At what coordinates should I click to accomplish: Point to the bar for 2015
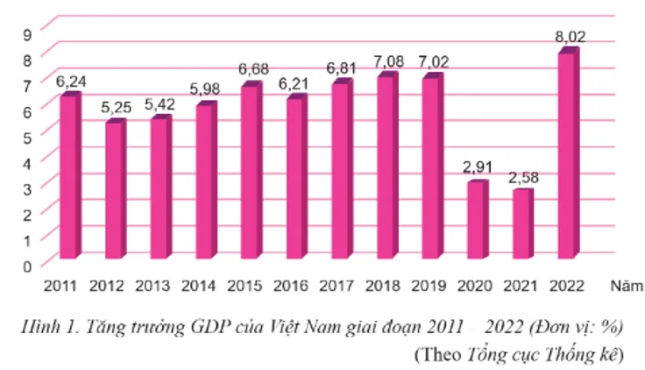(x=249, y=171)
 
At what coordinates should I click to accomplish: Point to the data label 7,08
(x=386, y=61)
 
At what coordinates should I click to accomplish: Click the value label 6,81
(x=340, y=68)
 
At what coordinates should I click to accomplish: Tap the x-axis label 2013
(x=152, y=286)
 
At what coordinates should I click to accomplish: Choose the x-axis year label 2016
(x=289, y=286)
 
